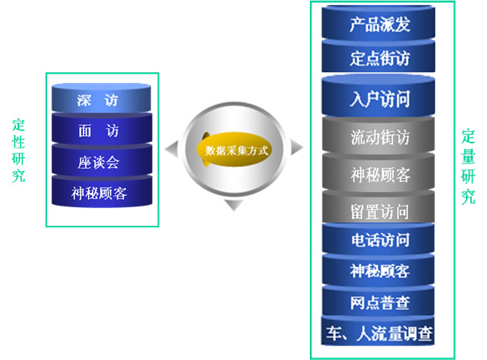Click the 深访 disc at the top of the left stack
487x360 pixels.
click(x=102, y=97)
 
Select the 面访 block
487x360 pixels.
click(x=102, y=129)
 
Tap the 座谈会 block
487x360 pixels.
click(x=102, y=161)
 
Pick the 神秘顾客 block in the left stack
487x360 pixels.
click(x=102, y=192)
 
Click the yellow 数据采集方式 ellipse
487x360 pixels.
click(x=234, y=149)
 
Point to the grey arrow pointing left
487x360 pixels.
click(x=173, y=149)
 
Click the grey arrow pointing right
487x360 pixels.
click(x=296, y=147)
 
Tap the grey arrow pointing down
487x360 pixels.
click(x=233, y=205)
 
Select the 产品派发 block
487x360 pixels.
click(x=379, y=23)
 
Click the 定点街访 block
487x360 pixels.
click(x=379, y=56)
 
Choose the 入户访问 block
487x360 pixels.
click(x=379, y=97)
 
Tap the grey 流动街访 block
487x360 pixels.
click(x=379, y=136)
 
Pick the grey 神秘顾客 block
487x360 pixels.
click(x=379, y=172)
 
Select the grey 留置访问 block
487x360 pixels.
click(x=379, y=207)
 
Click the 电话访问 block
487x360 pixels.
click(x=379, y=239)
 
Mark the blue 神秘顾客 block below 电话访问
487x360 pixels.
click(x=379, y=270)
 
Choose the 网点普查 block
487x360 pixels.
click(x=379, y=301)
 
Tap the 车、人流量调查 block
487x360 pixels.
click(x=378, y=331)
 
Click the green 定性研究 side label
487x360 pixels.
click(x=18, y=151)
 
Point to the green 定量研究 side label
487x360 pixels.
click(x=468, y=167)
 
